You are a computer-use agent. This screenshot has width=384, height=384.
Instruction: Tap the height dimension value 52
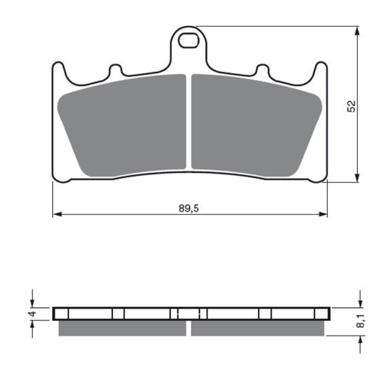coord(351,106)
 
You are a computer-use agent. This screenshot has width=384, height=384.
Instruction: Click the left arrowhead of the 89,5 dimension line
coord(55,214)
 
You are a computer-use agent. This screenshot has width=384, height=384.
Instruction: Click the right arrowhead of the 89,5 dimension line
coord(324,214)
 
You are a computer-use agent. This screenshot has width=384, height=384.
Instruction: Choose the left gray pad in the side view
coord(123,328)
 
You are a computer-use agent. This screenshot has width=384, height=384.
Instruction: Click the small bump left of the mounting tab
coord(116,70)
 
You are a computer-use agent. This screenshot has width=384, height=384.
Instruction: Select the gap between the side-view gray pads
coord(189,328)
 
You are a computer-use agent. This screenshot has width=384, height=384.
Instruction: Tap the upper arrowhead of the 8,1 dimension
coord(358,303)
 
